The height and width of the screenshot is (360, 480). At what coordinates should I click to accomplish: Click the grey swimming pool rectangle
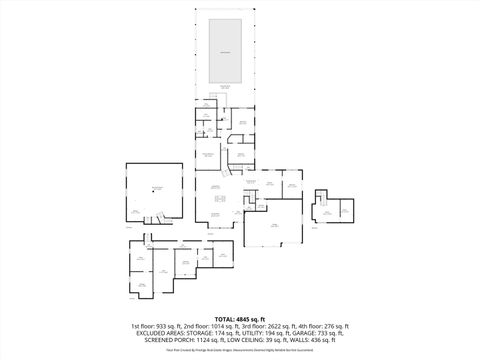(227, 51)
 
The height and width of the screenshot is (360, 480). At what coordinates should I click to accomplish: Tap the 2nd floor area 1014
(218, 327)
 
